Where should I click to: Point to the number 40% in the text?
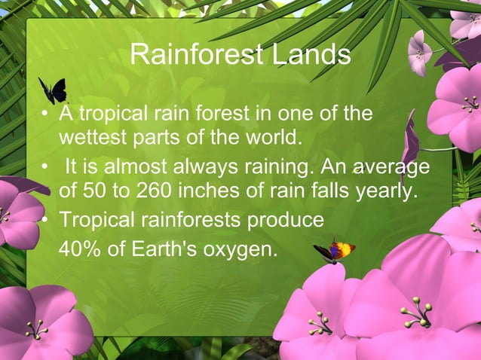[x=80, y=248]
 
